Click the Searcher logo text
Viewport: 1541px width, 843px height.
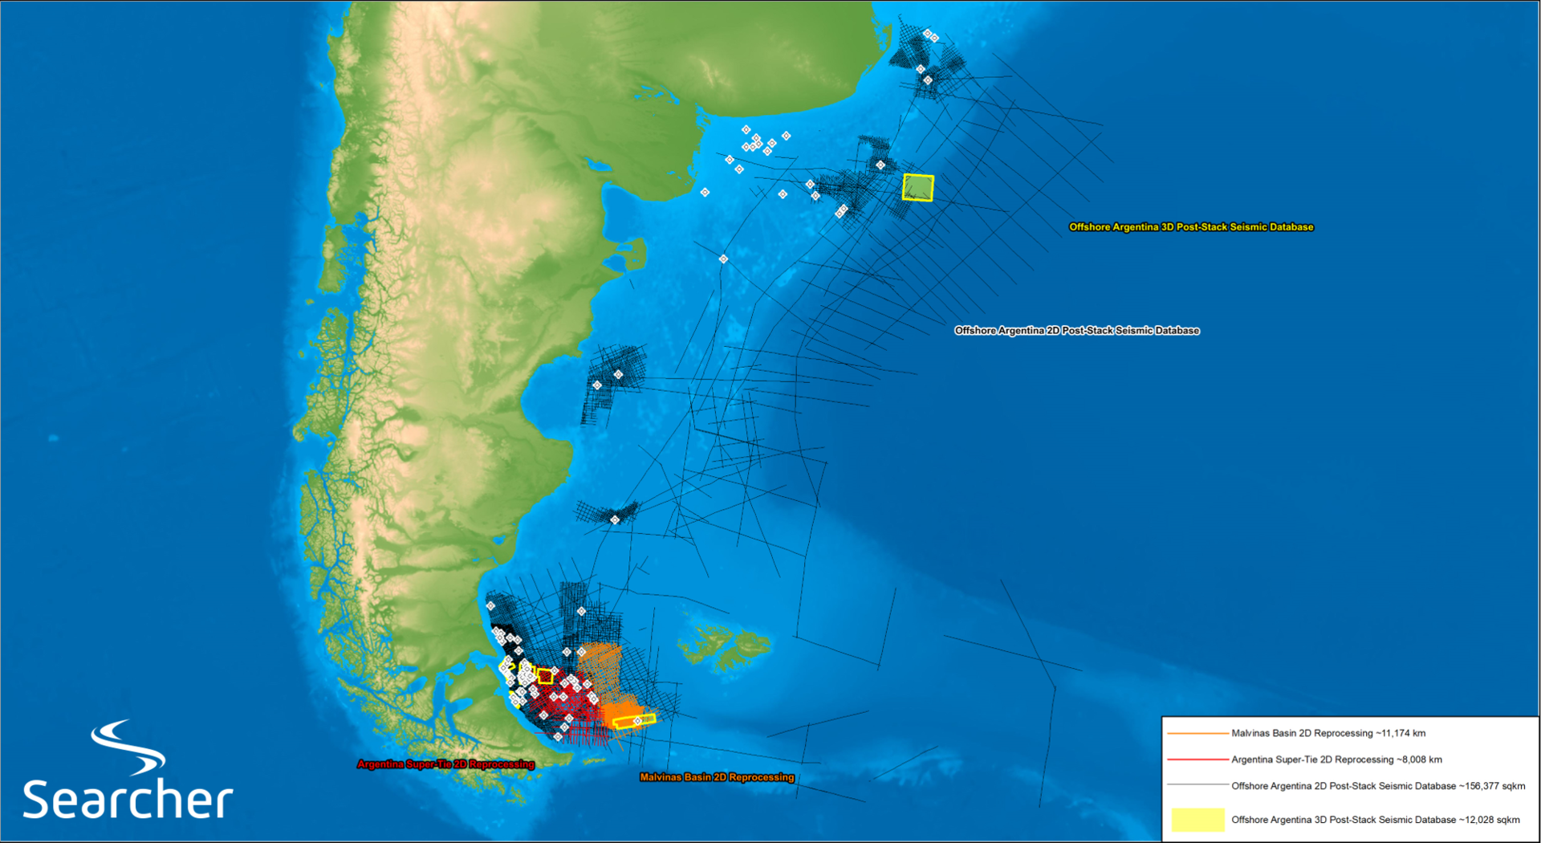point(128,799)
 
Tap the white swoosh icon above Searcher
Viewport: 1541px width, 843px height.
point(128,747)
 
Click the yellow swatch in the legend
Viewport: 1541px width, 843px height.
point(1197,820)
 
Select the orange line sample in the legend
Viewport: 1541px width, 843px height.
point(1197,733)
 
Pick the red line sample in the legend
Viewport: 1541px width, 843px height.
point(1197,760)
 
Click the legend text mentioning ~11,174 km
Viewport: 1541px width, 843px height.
point(1328,733)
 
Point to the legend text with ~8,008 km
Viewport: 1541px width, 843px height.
point(1336,760)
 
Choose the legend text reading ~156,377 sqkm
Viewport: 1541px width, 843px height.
point(1378,786)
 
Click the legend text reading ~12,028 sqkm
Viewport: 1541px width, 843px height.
point(1376,820)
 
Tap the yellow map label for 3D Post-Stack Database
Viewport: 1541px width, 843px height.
point(1191,227)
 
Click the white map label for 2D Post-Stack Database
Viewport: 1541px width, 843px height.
point(1076,331)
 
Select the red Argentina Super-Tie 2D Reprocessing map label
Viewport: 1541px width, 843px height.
point(445,764)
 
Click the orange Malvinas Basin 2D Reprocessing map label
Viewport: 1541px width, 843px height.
point(717,777)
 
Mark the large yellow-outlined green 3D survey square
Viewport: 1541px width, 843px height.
point(918,187)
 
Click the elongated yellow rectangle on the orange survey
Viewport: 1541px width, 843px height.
point(634,721)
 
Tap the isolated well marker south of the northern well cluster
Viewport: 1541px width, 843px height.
point(723,259)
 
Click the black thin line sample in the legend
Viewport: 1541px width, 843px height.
point(1197,786)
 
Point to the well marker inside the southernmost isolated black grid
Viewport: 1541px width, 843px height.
point(615,520)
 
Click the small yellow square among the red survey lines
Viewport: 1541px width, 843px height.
point(545,676)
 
